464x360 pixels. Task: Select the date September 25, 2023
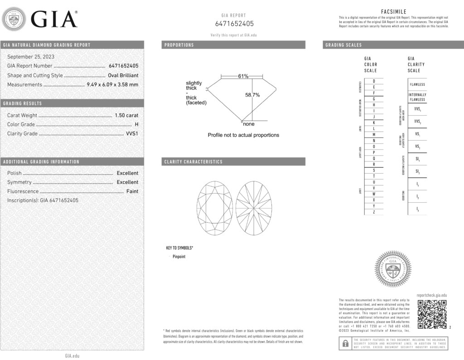click(31, 57)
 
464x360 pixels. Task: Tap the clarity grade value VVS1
click(131, 134)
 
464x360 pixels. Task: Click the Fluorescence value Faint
click(132, 191)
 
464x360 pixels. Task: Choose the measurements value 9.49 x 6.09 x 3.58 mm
click(112, 84)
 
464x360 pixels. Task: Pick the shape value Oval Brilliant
click(123, 75)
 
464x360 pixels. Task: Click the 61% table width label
click(243, 76)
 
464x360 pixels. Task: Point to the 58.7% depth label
click(252, 95)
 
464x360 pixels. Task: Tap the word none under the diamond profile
click(249, 124)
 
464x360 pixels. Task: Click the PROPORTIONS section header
click(179, 45)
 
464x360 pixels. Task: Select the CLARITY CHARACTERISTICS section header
click(193, 162)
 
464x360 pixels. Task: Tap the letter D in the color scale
click(373, 81)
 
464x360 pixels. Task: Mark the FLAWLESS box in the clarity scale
click(417, 84)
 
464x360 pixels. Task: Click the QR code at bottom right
click(432, 314)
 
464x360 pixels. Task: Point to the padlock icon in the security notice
click(345, 343)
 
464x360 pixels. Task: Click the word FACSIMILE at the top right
click(393, 12)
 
